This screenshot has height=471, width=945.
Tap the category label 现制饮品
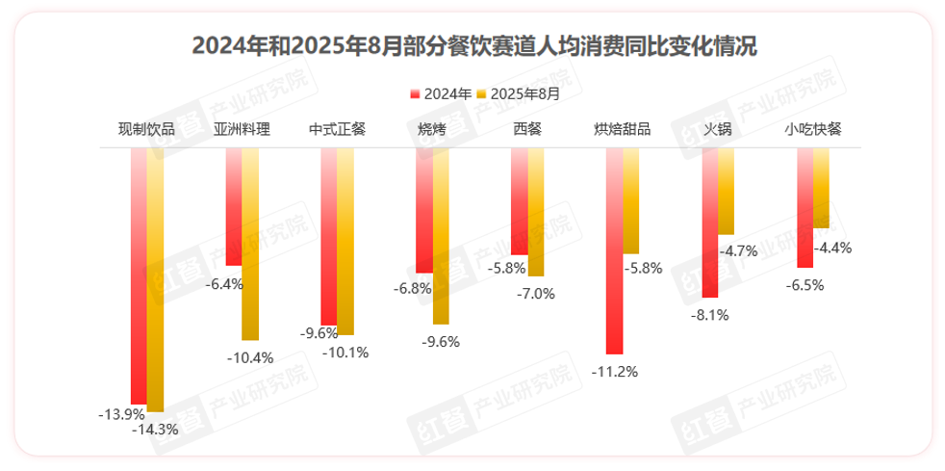[x=146, y=130]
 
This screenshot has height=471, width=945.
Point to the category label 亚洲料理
[x=242, y=130]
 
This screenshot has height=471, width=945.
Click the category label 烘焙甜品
[x=623, y=130]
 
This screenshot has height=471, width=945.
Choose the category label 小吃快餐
[x=813, y=130]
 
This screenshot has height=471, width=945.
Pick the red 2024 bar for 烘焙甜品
[x=615, y=251]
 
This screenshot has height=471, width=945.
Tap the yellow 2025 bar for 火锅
[x=727, y=192]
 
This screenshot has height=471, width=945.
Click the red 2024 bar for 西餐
[x=520, y=201]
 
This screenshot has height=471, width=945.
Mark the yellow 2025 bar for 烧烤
[x=441, y=236]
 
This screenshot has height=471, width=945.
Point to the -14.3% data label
[x=155, y=431]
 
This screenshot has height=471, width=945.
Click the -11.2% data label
[x=615, y=372]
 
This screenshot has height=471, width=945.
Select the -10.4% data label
[x=250, y=357]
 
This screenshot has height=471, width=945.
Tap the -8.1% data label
[x=709, y=314]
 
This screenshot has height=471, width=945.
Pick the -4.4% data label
[x=831, y=248]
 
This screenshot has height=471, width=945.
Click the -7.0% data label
[x=536, y=294]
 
